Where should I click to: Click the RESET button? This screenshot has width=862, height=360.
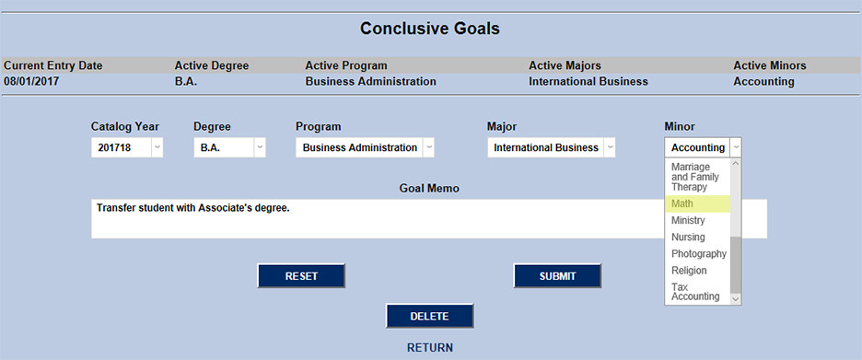click(301, 276)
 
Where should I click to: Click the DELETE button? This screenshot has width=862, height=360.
click(429, 316)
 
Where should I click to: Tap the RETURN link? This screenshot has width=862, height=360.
click(429, 348)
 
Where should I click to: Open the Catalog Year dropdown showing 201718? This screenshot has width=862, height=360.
click(127, 147)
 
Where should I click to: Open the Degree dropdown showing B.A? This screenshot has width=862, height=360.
click(229, 147)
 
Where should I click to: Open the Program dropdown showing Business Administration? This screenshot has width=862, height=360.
click(365, 147)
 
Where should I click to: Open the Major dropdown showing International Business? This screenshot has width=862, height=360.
click(551, 147)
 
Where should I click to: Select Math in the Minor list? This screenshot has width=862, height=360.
click(696, 204)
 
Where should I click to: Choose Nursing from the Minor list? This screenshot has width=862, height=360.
click(696, 238)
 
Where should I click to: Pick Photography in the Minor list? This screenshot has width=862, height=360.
click(696, 254)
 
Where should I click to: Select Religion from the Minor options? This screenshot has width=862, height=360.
click(696, 271)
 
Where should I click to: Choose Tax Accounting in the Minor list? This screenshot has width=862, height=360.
click(696, 292)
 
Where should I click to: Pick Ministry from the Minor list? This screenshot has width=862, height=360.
click(696, 221)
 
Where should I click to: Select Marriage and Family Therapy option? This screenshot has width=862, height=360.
click(696, 177)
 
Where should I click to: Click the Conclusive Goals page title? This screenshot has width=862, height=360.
click(429, 29)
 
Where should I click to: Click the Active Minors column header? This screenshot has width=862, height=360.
click(769, 65)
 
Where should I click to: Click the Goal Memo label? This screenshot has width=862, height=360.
click(428, 188)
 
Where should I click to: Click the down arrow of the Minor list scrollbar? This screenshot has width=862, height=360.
click(736, 298)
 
